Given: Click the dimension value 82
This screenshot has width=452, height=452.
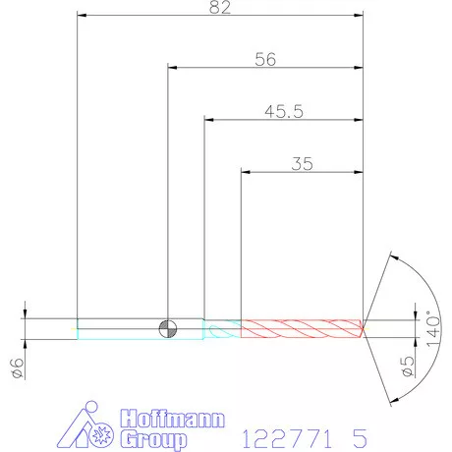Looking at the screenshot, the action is coord(220,7).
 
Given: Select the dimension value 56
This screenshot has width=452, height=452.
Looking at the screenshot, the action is coord(265,59).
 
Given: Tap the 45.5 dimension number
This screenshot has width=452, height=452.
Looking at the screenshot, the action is coord(284,111).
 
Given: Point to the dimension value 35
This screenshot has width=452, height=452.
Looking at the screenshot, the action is coord(302,164).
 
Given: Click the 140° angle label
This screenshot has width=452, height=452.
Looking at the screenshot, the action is coord(433,328).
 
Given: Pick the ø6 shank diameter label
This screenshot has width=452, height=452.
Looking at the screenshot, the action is coord(18,367).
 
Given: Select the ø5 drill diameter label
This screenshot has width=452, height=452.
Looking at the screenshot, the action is coord(408,367).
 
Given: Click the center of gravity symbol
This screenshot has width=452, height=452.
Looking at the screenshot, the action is coord(168,329).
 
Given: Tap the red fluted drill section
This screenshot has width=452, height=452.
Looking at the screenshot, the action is coord(302,328).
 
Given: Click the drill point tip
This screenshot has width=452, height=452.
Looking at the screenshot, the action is coord(363,328).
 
